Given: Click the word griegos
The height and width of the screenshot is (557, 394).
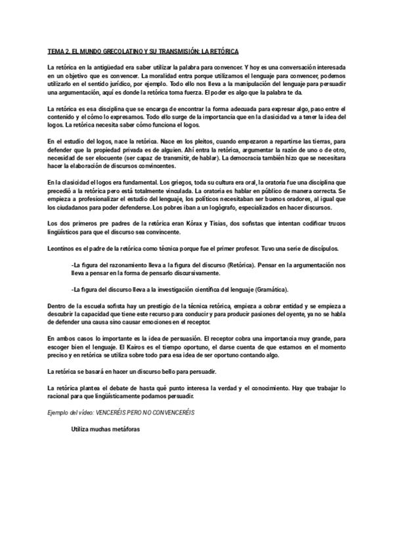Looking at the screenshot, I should point(158,182).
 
